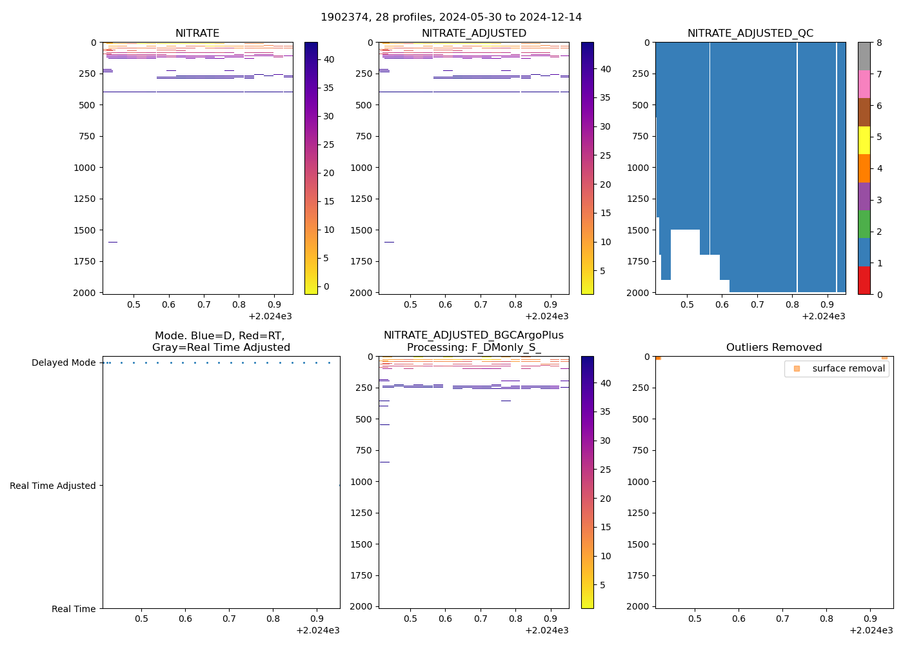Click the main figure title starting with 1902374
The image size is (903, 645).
point(451,17)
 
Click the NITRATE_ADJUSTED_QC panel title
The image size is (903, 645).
point(750,34)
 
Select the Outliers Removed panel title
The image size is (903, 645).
point(774,348)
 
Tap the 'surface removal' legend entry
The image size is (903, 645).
point(848,368)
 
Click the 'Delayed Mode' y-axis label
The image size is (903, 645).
point(63,362)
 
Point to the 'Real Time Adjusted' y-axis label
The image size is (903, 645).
point(53,486)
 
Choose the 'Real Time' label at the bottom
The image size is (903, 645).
point(74,609)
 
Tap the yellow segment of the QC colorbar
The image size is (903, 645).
point(864,140)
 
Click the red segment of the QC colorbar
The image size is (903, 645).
point(864,281)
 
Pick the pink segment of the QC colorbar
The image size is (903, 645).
point(864,84)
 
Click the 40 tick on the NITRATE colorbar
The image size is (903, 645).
point(329,59)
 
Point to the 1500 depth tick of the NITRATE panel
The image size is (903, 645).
point(85,230)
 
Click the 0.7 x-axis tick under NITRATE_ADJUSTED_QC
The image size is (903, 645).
point(757,304)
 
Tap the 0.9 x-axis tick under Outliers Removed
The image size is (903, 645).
point(870,619)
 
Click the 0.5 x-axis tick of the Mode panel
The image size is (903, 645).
point(141,619)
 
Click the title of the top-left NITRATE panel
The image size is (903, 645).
point(197,34)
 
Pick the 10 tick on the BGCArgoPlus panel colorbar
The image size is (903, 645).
point(606,556)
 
